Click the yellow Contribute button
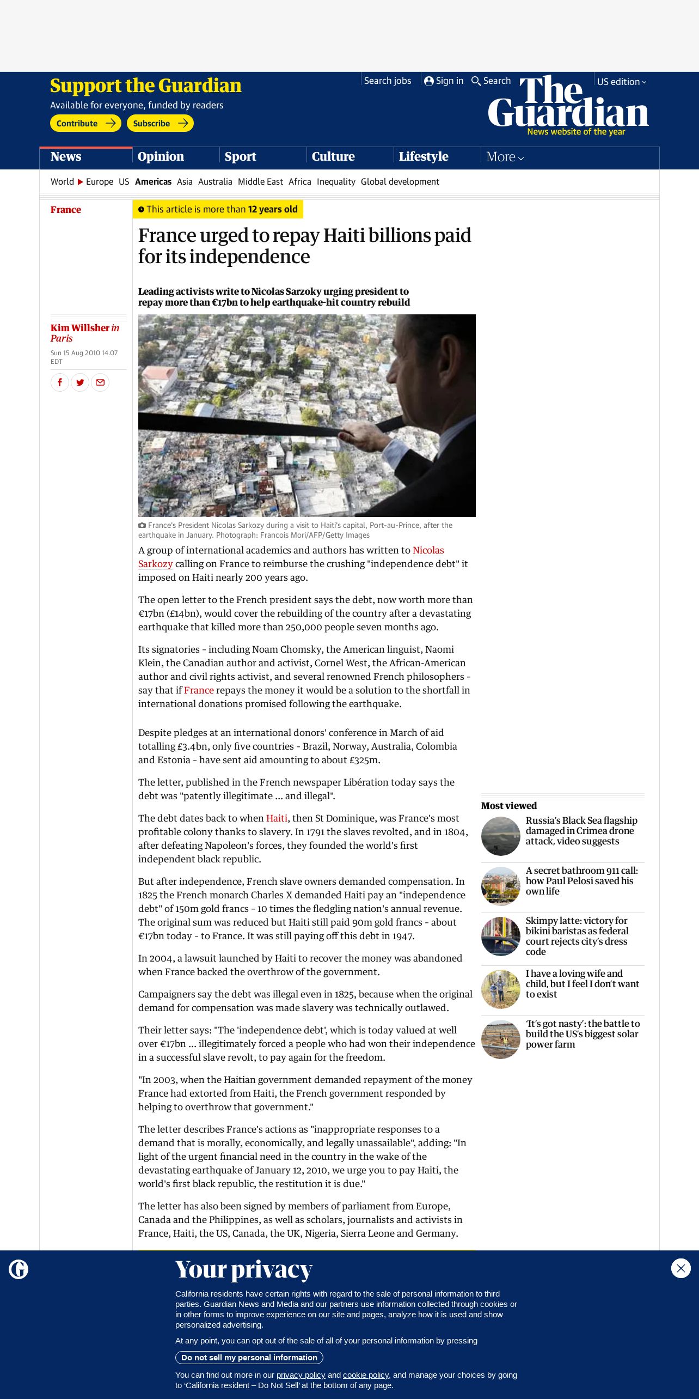click(85, 123)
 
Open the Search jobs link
click(387, 81)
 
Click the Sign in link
click(444, 81)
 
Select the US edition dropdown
click(621, 82)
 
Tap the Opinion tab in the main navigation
click(161, 156)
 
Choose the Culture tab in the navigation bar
click(333, 156)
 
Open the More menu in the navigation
click(505, 157)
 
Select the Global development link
click(400, 181)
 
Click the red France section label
click(66, 210)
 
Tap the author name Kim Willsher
click(80, 328)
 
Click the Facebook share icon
click(60, 382)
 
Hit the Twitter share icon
click(80, 382)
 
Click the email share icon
click(100, 382)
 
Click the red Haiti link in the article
click(277, 818)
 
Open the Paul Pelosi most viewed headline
click(581, 880)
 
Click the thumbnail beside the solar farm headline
click(501, 1039)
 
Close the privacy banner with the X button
click(680, 1268)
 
